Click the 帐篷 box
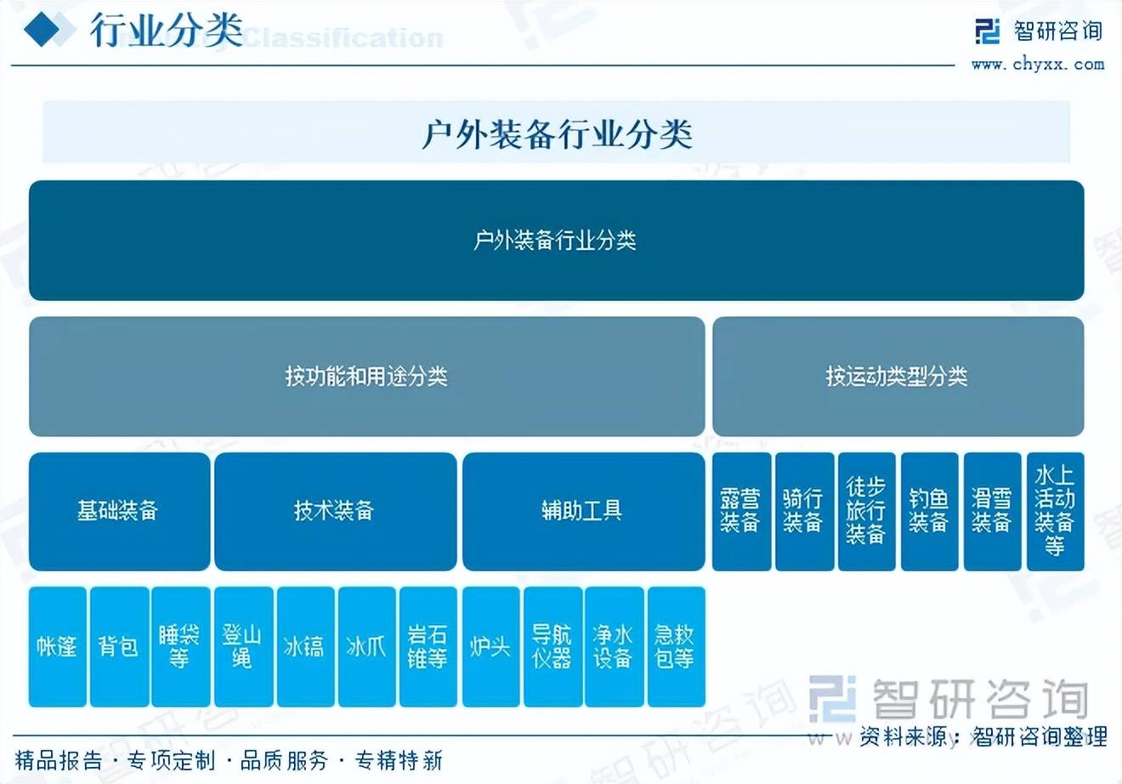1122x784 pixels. (x=57, y=646)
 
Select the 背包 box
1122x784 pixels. (x=119, y=646)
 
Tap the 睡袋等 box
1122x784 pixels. (x=180, y=646)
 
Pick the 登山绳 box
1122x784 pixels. (x=243, y=646)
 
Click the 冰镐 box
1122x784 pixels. (x=304, y=646)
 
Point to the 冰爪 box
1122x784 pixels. (x=366, y=646)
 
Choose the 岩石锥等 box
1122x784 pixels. (x=428, y=646)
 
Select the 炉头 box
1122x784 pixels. (x=490, y=646)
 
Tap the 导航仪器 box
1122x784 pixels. (x=552, y=646)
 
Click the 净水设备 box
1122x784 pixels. (x=614, y=646)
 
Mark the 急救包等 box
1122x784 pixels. (x=676, y=646)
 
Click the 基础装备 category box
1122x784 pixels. (x=119, y=511)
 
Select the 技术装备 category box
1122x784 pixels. (x=335, y=511)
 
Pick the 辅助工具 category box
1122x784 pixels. (x=583, y=511)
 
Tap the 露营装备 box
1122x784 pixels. (x=741, y=511)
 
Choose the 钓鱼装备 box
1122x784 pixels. (x=929, y=511)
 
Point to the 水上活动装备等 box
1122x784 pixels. (x=1055, y=511)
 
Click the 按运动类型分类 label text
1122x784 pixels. (x=897, y=376)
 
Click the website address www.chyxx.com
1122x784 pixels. (x=1037, y=64)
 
